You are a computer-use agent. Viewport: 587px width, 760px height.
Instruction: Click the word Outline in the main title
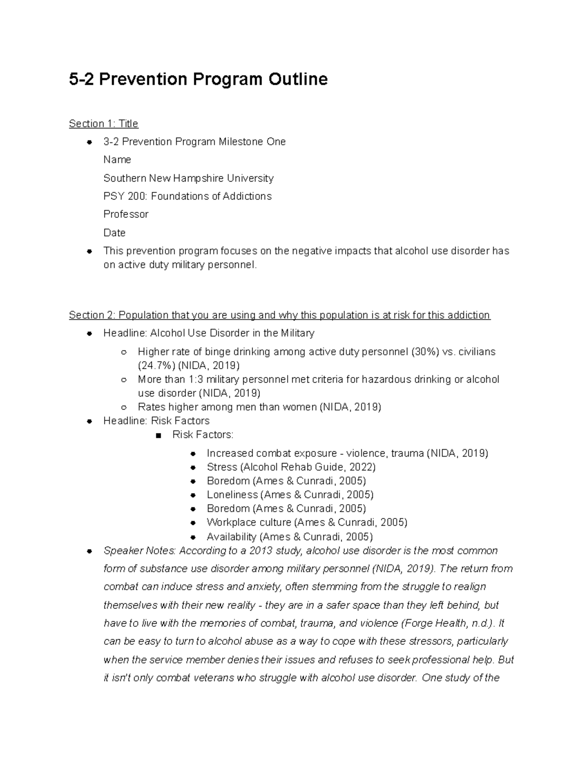point(297,79)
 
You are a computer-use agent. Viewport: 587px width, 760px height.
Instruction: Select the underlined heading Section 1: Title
point(104,123)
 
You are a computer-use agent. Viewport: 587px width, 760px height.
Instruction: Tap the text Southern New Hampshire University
point(188,178)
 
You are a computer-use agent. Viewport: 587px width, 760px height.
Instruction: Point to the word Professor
point(126,214)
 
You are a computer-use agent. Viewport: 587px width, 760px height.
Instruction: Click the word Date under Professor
point(114,233)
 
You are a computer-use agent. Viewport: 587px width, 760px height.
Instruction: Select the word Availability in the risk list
point(231,537)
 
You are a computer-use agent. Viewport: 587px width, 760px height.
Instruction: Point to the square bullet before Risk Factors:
point(158,435)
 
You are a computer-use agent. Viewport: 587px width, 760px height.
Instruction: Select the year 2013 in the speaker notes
point(262,551)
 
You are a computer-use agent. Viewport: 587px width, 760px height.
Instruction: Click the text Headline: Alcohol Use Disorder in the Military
point(209,333)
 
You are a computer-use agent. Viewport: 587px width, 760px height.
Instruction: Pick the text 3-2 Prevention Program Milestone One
point(194,142)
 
